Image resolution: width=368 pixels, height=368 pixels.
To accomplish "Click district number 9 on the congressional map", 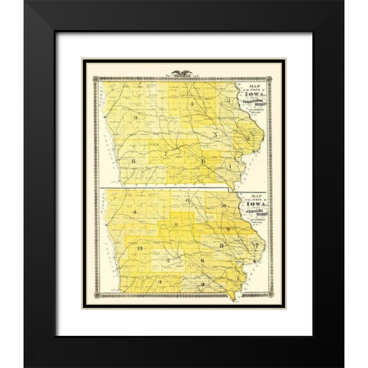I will (x=135, y=117).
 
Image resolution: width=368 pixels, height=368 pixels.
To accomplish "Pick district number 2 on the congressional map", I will (x=251, y=136).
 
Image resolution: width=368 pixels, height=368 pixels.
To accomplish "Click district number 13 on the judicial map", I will (x=139, y=250).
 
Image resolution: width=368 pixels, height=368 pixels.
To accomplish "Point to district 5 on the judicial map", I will (x=166, y=261).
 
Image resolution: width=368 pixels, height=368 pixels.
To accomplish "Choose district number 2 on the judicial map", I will (x=200, y=284).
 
